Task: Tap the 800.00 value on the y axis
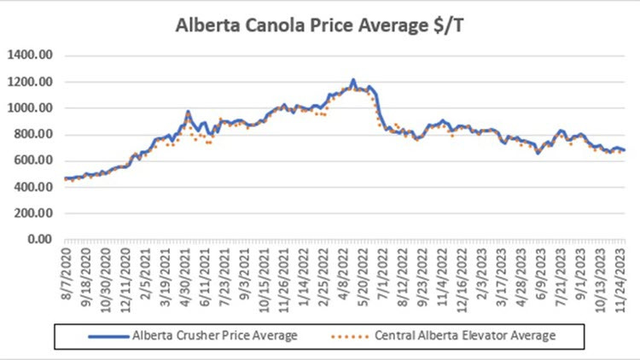click(35, 135)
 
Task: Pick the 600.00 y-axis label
click(35, 160)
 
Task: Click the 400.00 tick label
click(35, 187)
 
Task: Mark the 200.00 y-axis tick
click(35, 213)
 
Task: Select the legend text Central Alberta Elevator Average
click(466, 335)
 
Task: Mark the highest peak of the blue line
click(353, 80)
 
